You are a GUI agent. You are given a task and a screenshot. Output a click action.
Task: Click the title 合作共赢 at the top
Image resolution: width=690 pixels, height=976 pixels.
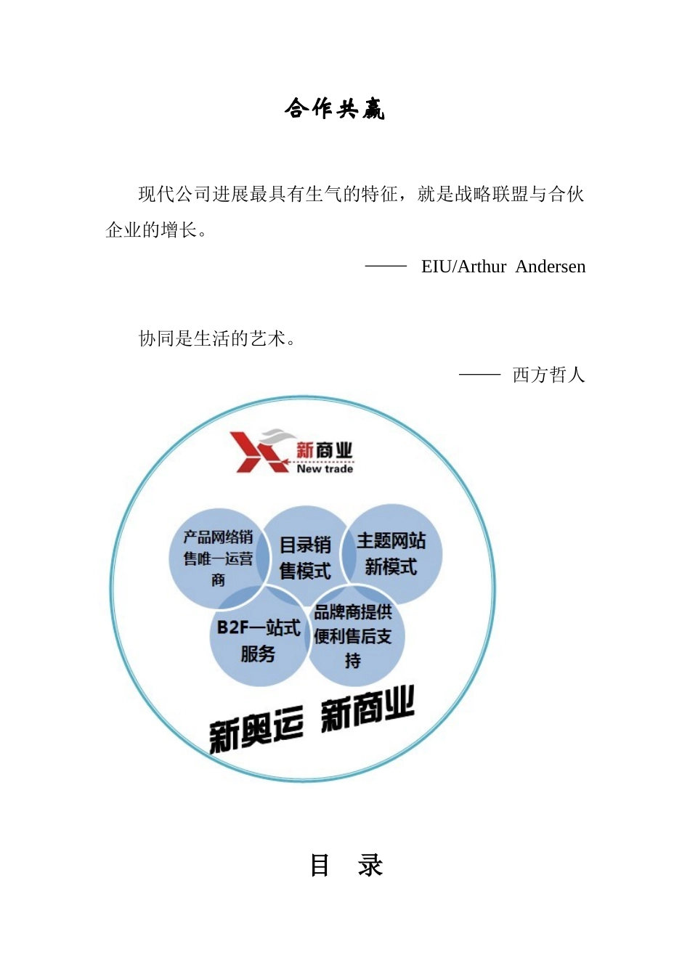[334, 109]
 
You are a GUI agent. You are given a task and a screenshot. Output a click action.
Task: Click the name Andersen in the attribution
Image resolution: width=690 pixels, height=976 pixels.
[550, 267]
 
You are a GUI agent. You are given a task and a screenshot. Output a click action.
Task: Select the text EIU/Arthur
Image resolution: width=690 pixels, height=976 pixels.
[463, 267]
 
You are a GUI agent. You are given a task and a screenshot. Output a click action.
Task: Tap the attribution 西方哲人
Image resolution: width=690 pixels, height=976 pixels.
[548, 375]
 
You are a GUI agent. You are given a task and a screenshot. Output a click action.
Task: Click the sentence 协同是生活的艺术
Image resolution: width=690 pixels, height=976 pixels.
[216, 338]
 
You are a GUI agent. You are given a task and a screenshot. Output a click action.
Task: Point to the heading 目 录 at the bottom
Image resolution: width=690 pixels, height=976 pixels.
[346, 865]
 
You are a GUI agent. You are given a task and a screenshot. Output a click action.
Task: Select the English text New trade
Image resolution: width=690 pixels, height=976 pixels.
[325, 469]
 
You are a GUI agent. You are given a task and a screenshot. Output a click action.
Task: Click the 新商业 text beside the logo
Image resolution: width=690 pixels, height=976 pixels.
[324, 450]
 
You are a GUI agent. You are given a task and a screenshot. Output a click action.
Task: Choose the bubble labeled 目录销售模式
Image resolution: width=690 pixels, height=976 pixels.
[305, 557]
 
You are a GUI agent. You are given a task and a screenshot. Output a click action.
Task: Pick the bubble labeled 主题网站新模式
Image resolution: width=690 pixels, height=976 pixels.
[391, 553]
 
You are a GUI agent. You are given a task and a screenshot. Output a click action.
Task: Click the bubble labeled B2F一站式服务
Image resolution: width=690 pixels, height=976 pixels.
[258, 640]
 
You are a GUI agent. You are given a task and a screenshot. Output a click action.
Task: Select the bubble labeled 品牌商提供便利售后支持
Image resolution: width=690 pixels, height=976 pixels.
[353, 636]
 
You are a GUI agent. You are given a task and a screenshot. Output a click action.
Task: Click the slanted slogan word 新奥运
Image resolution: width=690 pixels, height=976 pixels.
[256, 729]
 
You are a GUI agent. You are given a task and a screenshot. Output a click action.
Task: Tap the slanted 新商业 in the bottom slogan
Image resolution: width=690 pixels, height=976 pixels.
[367, 708]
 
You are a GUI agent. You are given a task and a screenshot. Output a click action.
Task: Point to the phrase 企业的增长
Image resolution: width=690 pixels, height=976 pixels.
[152, 230]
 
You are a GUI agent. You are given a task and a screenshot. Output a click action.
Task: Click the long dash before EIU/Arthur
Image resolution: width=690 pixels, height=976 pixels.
[386, 267]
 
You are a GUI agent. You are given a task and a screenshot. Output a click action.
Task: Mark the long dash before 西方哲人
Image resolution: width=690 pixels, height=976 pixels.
[479, 375]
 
